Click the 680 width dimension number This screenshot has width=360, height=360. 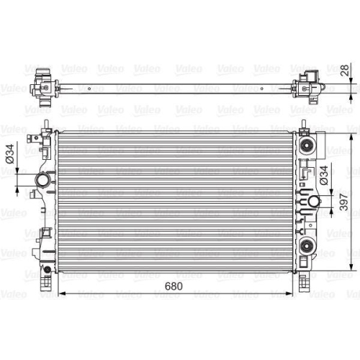click(174, 286)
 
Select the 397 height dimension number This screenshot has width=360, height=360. click(344, 202)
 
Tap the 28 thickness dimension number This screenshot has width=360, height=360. click(345, 71)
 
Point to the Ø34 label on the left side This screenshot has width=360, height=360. click(10, 154)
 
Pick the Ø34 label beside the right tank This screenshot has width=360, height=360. click(323, 175)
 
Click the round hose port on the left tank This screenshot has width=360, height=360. click(42, 180)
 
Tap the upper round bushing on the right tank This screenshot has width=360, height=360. click(307, 145)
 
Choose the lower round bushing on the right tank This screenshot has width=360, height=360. click(307, 246)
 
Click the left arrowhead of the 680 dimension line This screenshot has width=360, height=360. click(62, 293)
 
